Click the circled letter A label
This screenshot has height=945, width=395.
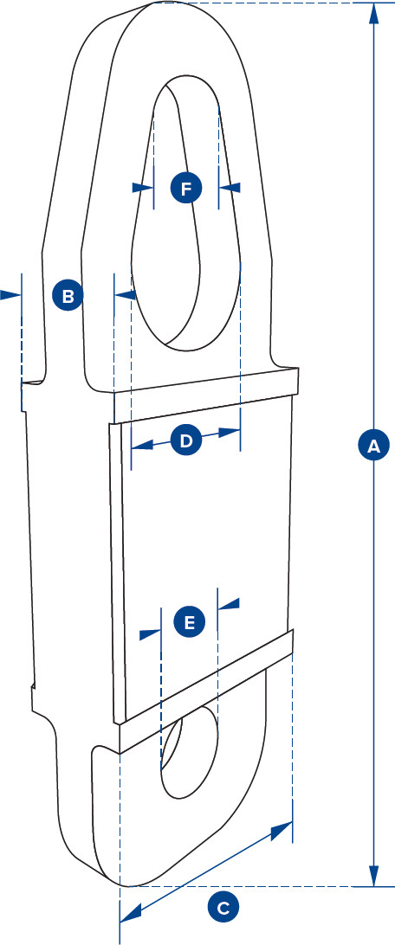coord(373,446)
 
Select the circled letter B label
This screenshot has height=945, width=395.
coord(68,295)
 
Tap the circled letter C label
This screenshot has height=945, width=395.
coord(223,907)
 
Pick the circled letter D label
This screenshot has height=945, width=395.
coord(185,440)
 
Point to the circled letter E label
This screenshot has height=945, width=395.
coord(189,621)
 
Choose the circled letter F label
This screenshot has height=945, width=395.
coord(185,187)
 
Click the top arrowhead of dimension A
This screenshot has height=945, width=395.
coord(373,11)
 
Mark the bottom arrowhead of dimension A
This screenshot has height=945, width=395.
coord(373,877)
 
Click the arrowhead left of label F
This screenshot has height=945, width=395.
coord(141,187)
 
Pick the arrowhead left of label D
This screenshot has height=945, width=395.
coord(141,445)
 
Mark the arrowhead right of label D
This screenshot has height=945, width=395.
coord(230,431)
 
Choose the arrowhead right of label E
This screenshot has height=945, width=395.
coord(230,604)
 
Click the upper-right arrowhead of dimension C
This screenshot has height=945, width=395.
coord(282,831)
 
